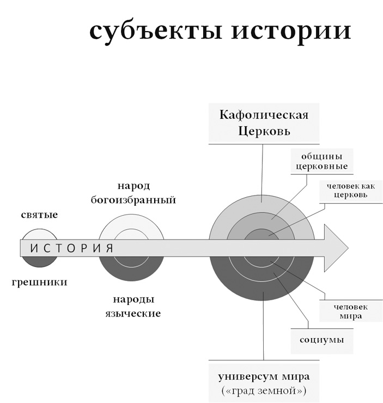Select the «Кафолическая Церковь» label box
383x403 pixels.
click(x=264, y=123)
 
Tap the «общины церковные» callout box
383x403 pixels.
click(x=321, y=161)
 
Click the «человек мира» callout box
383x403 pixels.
click(x=348, y=312)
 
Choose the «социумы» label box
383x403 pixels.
click(x=321, y=341)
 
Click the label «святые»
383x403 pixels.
click(x=40, y=215)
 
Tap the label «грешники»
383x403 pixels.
click(x=40, y=282)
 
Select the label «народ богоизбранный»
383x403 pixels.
click(x=133, y=193)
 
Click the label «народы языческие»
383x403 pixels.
click(x=133, y=307)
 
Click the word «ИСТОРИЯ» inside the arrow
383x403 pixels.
click(x=71, y=248)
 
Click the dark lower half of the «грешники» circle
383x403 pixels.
click(x=40, y=261)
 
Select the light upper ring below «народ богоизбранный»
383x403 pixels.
click(x=131, y=224)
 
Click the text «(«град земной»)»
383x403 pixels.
click(x=264, y=390)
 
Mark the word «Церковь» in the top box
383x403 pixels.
click(x=264, y=131)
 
